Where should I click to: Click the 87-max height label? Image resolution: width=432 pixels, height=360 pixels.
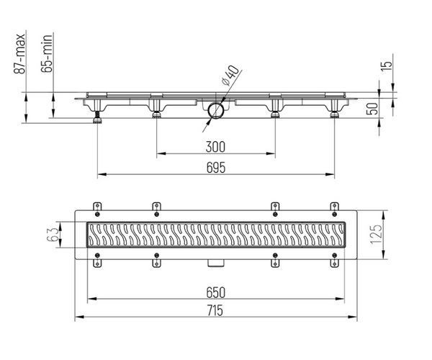click(x=19, y=54)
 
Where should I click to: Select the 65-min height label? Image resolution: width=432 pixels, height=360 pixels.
click(x=47, y=53)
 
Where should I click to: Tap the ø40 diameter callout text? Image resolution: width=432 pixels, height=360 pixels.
click(x=230, y=75)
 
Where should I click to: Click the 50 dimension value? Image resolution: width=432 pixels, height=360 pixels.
click(x=372, y=109)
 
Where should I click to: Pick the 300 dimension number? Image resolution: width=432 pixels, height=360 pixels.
click(x=215, y=147)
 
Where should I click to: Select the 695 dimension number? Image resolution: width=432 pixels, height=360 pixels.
click(x=216, y=168)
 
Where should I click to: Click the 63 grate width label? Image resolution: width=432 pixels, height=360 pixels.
click(x=53, y=235)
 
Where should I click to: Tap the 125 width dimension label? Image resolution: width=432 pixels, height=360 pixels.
click(x=376, y=235)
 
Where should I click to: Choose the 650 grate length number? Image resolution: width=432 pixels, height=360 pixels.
click(x=216, y=292)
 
